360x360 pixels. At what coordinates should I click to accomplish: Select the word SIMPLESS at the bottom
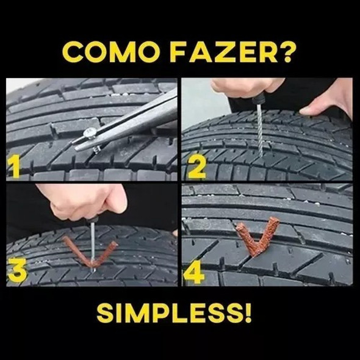[168, 312]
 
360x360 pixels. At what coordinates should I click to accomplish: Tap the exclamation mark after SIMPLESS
[248, 312]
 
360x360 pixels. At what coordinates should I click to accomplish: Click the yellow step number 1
[14, 165]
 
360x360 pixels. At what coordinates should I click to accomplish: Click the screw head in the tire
[90, 132]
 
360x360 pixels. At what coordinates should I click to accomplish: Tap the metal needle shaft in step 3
[92, 247]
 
